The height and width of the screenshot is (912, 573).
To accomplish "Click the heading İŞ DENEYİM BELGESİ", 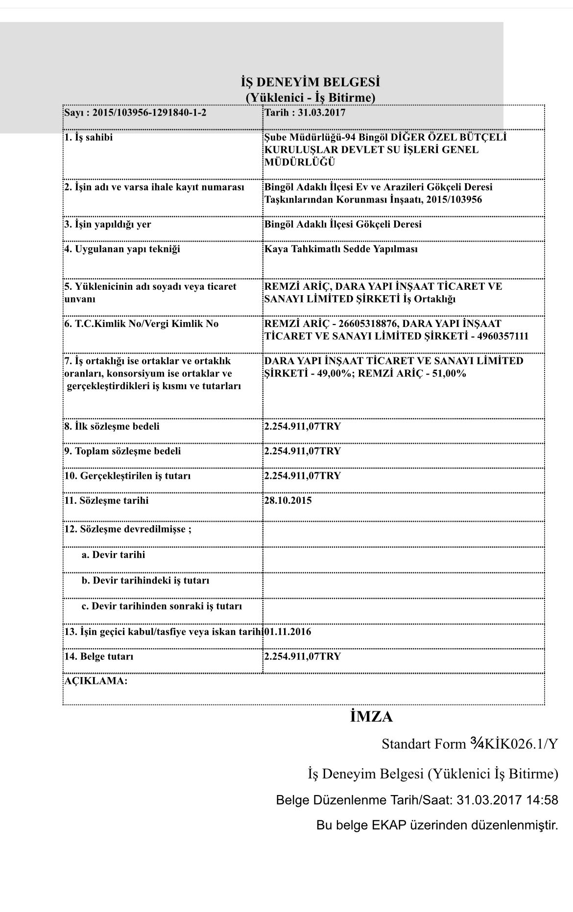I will pos(310,81).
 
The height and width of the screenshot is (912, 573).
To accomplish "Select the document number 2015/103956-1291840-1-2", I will pos(149,113).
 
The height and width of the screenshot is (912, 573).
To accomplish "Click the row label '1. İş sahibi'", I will pos(89,138).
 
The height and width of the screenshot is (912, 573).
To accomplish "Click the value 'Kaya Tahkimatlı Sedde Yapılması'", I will pos(341,249).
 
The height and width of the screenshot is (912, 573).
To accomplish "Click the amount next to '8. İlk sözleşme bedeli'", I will pos(302,426).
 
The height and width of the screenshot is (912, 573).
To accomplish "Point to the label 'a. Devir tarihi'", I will pos(113,555).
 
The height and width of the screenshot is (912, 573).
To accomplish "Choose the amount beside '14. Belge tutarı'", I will pos(302,656).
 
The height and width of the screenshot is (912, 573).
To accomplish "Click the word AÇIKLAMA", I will pos(96,680).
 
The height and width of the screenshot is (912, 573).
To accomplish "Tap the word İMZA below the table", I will pos(371,717).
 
